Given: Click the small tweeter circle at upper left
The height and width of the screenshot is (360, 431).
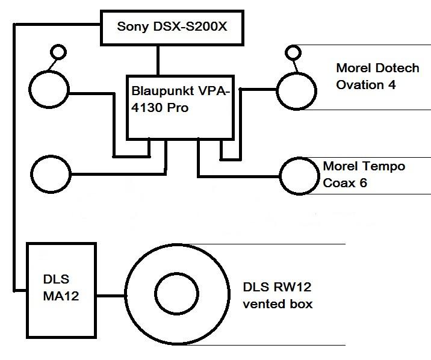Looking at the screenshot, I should pos(58,52).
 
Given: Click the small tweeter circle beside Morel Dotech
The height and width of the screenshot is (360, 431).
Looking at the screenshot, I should pos(293,52).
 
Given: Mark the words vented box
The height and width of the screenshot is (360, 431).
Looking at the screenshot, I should pos(278,304).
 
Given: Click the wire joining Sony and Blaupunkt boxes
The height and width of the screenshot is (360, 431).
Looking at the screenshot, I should pos(159,60).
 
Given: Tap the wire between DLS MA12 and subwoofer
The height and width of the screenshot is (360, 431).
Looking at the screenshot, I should pos(110,296).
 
